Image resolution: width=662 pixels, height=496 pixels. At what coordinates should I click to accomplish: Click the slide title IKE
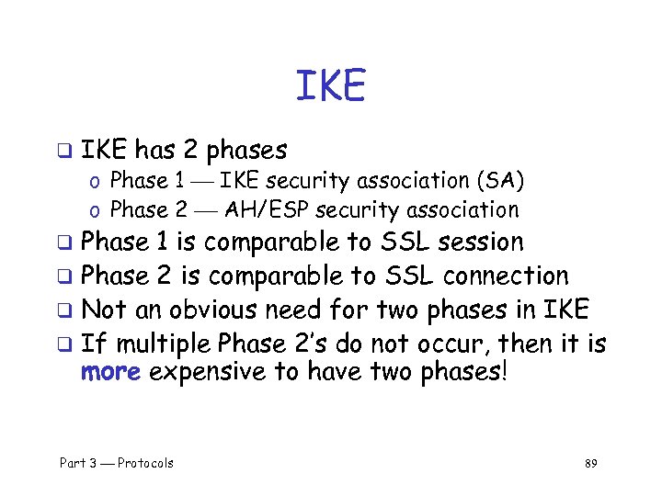[x=330, y=86]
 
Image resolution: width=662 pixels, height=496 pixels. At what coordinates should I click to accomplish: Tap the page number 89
[x=590, y=463]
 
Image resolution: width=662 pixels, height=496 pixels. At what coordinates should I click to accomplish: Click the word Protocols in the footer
[x=145, y=463]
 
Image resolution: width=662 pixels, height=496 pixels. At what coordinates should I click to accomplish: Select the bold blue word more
[x=111, y=372]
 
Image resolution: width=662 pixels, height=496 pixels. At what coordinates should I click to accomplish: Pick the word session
[x=480, y=242]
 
